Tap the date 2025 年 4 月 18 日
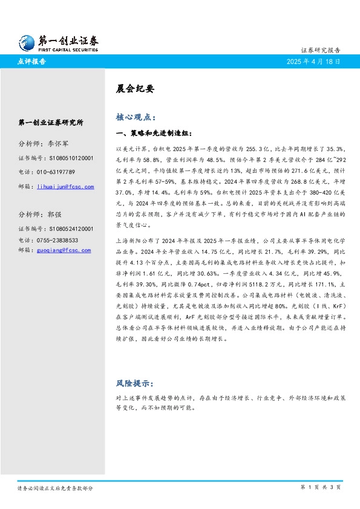point(313,62)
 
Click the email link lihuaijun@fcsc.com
point(65,187)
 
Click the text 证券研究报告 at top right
point(320,50)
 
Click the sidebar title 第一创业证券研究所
point(51,122)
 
